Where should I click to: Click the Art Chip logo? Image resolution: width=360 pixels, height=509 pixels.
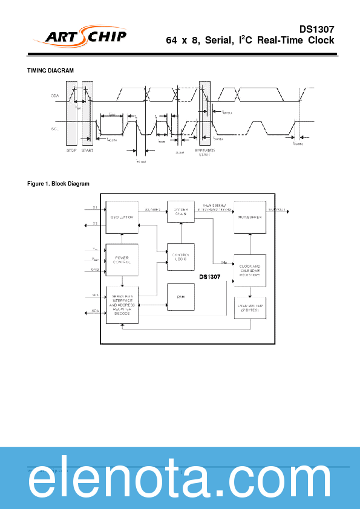pyautogui.click(x=85, y=37)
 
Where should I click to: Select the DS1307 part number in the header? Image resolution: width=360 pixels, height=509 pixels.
pyautogui.click(x=316, y=29)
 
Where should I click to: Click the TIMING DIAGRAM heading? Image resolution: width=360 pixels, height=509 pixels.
pyautogui.click(x=51, y=71)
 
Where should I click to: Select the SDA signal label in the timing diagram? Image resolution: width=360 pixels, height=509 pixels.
pyautogui.click(x=55, y=96)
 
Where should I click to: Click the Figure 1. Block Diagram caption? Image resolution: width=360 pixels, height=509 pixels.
pyautogui.click(x=58, y=184)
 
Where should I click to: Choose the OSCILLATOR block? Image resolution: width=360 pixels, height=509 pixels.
pyautogui.click(x=122, y=217)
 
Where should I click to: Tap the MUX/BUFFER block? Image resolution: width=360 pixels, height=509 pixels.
pyautogui.click(x=250, y=217)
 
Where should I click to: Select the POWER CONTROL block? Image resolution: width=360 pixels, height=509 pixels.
pyautogui.click(x=122, y=260)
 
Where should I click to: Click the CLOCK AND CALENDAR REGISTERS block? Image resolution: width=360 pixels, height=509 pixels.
pyautogui.click(x=250, y=270)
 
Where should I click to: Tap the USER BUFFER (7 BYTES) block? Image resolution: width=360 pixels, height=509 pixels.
pyautogui.click(x=250, y=306)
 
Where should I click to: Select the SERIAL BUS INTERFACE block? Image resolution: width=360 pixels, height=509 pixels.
pyautogui.click(x=122, y=305)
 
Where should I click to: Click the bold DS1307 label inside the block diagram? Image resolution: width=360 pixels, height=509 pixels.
pyautogui.click(x=210, y=277)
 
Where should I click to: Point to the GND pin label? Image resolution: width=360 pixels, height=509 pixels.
pyautogui.click(x=95, y=270)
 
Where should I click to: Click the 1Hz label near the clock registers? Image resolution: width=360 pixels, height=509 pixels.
pyautogui.click(x=224, y=263)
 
